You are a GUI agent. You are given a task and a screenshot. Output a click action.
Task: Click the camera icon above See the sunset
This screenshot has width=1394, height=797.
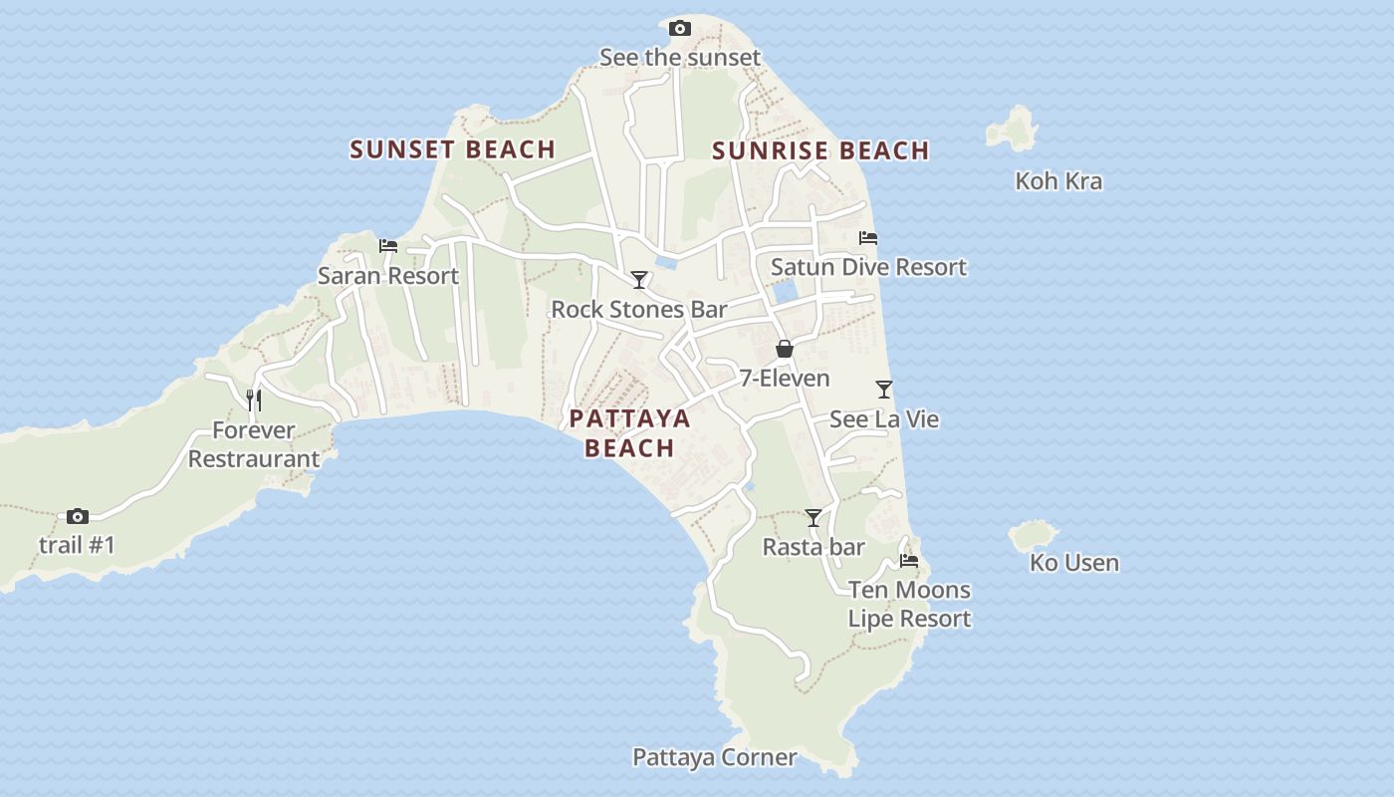(x=680, y=28)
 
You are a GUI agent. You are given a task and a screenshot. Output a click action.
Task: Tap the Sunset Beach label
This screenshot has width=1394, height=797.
(x=452, y=149)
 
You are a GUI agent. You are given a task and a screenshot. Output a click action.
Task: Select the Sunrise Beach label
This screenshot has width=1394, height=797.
(x=820, y=150)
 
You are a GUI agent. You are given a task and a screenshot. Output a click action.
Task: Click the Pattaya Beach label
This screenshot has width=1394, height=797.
(x=629, y=432)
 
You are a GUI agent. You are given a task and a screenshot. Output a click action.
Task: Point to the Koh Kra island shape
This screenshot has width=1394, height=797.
(x=1014, y=130)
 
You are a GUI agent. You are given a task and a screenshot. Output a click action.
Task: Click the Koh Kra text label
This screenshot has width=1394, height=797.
(x=1058, y=181)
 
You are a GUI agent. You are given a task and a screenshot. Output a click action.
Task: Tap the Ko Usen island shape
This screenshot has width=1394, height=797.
(x=1033, y=536)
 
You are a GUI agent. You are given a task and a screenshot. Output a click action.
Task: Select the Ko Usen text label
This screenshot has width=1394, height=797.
(x=1074, y=563)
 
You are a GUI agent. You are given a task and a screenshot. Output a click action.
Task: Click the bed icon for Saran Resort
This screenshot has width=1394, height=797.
(x=388, y=245)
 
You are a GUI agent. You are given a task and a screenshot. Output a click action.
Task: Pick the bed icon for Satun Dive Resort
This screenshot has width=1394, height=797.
(x=868, y=238)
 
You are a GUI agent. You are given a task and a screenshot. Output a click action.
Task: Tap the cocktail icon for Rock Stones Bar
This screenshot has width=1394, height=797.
(x=639, y=280)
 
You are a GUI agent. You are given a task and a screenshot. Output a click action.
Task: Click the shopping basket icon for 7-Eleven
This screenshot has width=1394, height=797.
(x=785, y=349)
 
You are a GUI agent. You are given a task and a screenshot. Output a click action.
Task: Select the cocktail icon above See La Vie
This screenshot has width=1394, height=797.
(x=884, y=390)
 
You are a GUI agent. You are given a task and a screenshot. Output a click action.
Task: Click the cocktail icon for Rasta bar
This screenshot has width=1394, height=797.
(x=813, y=518)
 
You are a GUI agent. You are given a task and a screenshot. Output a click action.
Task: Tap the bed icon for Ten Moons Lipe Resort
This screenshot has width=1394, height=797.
(x=909, y=561)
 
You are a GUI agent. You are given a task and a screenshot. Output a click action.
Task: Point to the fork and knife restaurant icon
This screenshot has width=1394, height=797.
(x=254, y=400)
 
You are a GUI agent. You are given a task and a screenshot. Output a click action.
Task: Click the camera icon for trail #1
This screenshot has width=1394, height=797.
(x=78, y=516)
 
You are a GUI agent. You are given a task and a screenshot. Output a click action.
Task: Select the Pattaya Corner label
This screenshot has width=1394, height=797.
(x=714, y=757)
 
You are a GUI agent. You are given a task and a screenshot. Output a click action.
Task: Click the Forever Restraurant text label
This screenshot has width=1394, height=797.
(x=254, y=444)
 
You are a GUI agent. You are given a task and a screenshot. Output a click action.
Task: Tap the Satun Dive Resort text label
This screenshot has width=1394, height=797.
(x=868, y=267)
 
